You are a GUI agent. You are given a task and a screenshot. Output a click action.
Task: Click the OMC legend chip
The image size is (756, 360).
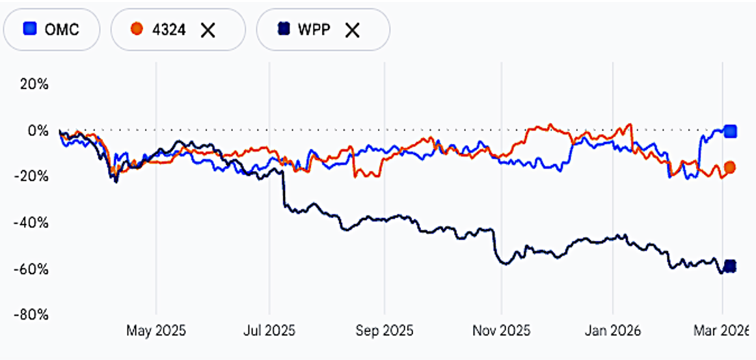coord(52,29)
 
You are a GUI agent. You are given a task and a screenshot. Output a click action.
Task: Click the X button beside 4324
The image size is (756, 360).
coord(208,29)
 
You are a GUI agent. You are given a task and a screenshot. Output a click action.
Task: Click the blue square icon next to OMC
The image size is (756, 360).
coord(29,29)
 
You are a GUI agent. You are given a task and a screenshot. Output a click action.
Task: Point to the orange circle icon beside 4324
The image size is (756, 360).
coord(136,29)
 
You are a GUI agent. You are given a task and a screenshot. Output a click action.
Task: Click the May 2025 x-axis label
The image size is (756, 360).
coord(156,331)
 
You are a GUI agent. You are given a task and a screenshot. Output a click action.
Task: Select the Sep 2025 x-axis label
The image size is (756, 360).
coord(384,331)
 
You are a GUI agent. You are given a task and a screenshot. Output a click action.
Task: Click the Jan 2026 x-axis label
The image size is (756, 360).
coord(613,331)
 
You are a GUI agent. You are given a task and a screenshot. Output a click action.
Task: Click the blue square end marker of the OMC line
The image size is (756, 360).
coord(731,132)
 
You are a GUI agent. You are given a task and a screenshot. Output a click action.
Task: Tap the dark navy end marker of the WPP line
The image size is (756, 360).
coord(730,266)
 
